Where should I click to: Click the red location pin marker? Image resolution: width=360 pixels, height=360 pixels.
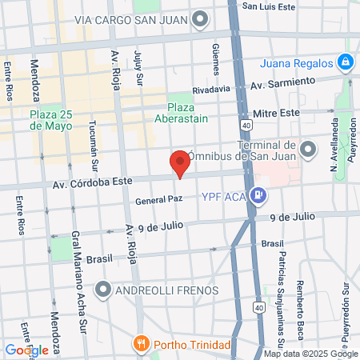click(180, 162)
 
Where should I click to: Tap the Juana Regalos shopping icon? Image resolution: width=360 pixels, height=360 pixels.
click(344, 61)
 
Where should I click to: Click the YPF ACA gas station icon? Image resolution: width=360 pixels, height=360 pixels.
click(258, 194)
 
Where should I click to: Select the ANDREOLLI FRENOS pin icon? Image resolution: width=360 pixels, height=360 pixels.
click(102, 288)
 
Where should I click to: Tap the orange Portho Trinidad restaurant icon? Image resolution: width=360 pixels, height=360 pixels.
click(141, 345)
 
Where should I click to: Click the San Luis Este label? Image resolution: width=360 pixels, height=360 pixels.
click(270, 6)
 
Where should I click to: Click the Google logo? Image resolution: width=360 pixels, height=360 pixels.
click(26, 350)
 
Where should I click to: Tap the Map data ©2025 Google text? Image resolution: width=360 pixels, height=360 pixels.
click(310, 354)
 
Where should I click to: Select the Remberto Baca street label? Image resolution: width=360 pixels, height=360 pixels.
click(302, 287)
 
